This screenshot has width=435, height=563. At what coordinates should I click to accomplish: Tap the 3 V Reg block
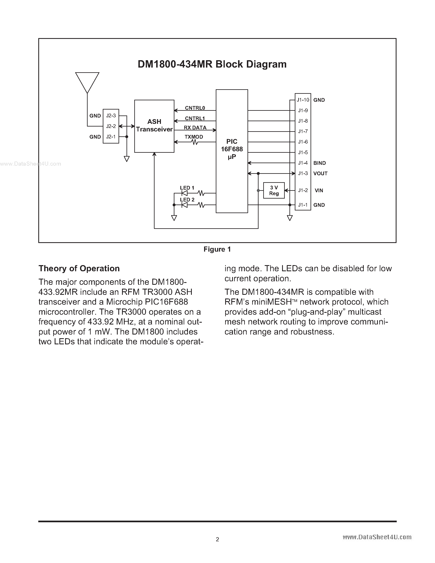(x=274, y=191)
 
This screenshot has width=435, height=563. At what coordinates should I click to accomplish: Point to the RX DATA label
(x=195, y=128)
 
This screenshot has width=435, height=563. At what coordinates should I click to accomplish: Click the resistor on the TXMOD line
(x=195, y=142)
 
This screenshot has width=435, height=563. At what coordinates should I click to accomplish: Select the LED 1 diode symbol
(x=184, y=193)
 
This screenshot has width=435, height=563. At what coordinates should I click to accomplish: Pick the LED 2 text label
(x=187, y=200)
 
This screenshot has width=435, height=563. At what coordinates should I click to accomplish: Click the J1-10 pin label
(x=303, y=100)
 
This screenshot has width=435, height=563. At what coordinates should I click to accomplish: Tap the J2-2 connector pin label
(x=111, y=126)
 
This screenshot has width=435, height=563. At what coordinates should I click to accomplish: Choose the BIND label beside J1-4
(x=320, y=163)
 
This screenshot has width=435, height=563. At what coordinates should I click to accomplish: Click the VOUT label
(x=320, y=173)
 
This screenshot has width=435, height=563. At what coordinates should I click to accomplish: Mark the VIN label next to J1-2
(x=319, y=191)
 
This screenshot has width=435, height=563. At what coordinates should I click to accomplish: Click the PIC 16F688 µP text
(x=232, y=149)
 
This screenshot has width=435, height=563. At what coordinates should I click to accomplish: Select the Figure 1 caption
(x=217, y=249)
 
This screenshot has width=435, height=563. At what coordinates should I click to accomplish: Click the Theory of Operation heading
(x=79, y=268)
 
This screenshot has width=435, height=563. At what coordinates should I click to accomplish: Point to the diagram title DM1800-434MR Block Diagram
(x=212, y=64)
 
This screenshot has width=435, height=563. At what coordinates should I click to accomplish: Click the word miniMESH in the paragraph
(x=272, y=302)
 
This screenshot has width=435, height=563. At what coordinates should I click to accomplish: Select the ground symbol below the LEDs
(x=174, y=218)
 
